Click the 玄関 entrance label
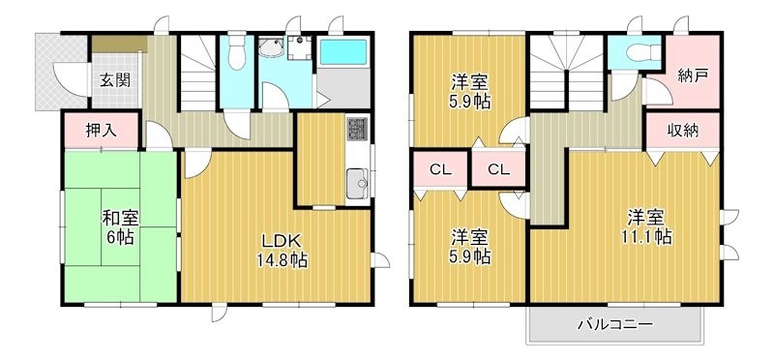(107, 80)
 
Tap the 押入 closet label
(102, 131)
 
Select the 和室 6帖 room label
(120, 226)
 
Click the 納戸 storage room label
(692, 74)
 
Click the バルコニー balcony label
(615, 324)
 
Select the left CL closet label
(441, 170)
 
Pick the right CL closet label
(498, 170)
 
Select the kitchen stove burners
(356, 130)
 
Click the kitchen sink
(356, 181)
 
